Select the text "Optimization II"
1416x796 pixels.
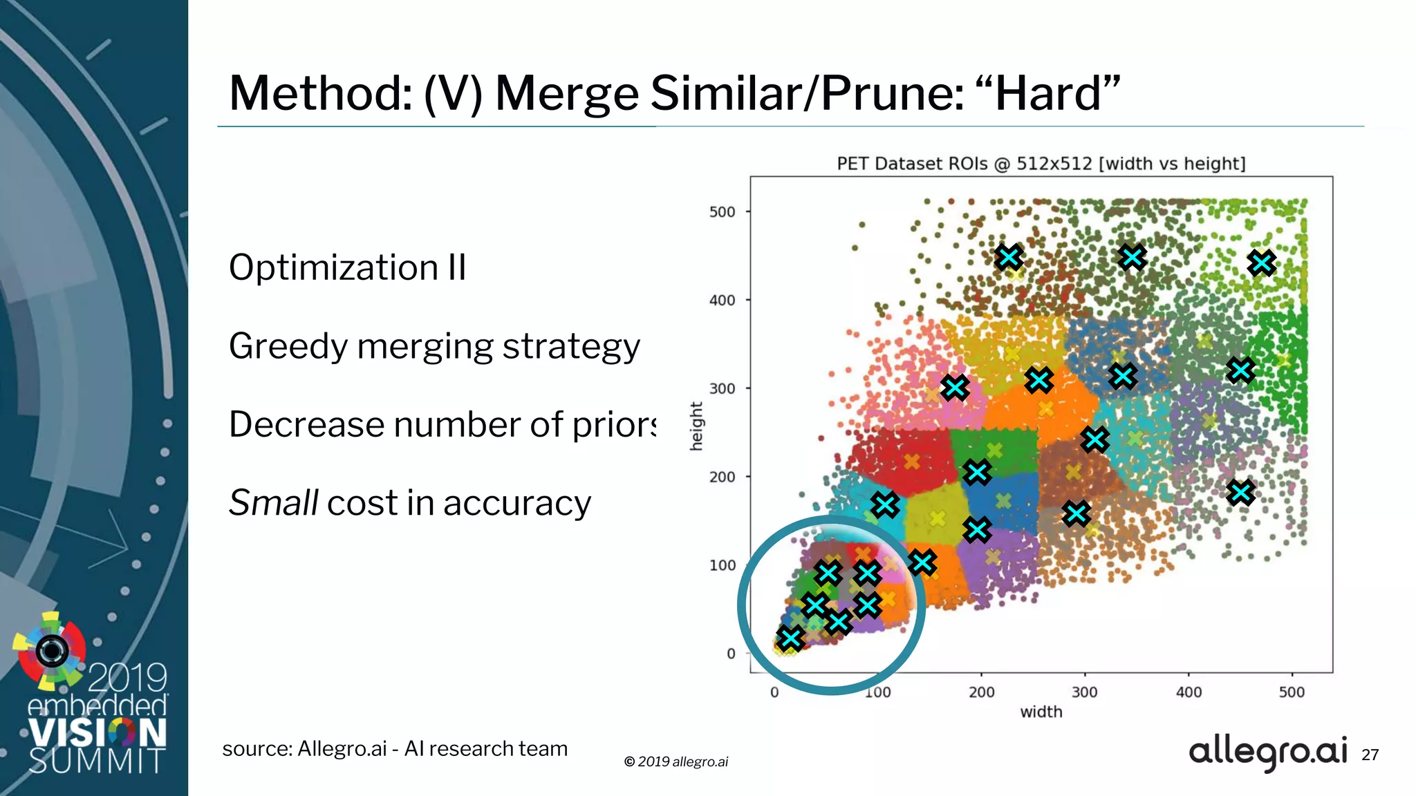[347, 267]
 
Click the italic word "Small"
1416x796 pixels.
[273, 502]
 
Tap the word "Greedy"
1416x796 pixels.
[287, 347]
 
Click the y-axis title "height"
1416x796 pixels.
[696, 426]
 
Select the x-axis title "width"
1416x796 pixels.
[1041, 712]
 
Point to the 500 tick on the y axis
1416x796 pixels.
[722, 212]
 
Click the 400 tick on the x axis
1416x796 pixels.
[1189, 692]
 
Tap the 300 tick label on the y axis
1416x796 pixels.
[722, 388]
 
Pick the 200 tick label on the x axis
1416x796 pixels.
[981, 692]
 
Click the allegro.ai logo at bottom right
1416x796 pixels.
[1267, 752]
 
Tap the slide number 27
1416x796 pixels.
[1370, 755]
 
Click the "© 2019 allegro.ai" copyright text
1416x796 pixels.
[676, 761]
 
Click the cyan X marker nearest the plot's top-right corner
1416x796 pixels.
[1262, 263]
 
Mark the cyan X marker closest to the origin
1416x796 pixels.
[790, 638]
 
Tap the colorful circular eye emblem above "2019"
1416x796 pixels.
[50, 650]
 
